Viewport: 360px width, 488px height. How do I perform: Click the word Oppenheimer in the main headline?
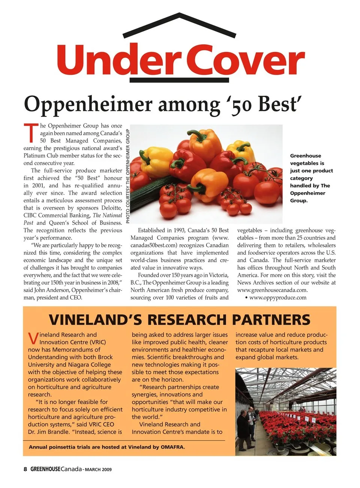[x=88, y=104]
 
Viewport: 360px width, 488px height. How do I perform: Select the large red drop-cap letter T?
[x=31, y=133]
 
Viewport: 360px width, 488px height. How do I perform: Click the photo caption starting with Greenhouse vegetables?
[x=311, y=178]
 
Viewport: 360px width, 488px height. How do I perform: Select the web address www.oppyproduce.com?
[x=277, y=298]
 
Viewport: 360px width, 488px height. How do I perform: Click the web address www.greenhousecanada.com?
[x=272, y=290]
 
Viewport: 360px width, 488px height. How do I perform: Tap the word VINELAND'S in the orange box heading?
[x=95, y=320]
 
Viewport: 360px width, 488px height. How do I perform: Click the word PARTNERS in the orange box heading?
[x=271, y=320]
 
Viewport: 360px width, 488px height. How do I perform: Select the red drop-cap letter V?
[x=33, y=338]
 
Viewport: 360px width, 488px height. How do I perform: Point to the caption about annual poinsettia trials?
[x=107, y=447]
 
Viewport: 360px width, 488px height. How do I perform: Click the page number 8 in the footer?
[x=25, y=469]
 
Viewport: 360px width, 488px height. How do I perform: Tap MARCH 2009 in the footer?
[x=98, y=470]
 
